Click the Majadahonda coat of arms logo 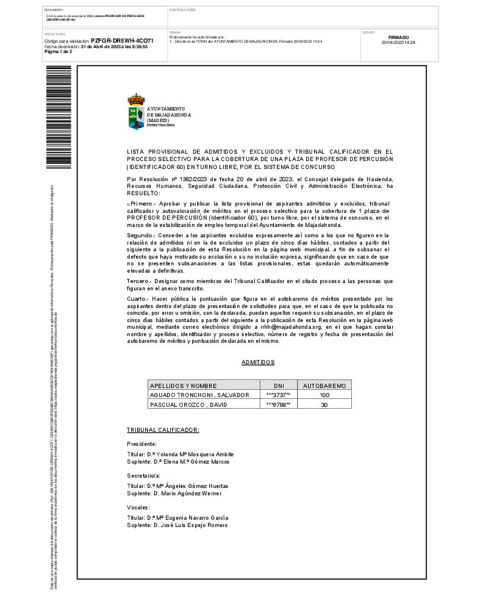click(x=136, y=111)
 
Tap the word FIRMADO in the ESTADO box click(x=398, y=37)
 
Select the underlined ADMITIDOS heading click(x=258, y=362)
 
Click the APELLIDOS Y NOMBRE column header click(x=184, y=386)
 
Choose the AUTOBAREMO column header click(x=324, y=386)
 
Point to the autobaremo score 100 click(x=324, y=395)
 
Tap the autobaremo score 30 click(x=324, y=404)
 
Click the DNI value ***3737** click(x=278, y=395)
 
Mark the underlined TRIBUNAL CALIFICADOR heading click(x=163, y=430)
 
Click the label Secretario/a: click(x=143, y=475)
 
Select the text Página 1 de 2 click(x=59, y=52)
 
